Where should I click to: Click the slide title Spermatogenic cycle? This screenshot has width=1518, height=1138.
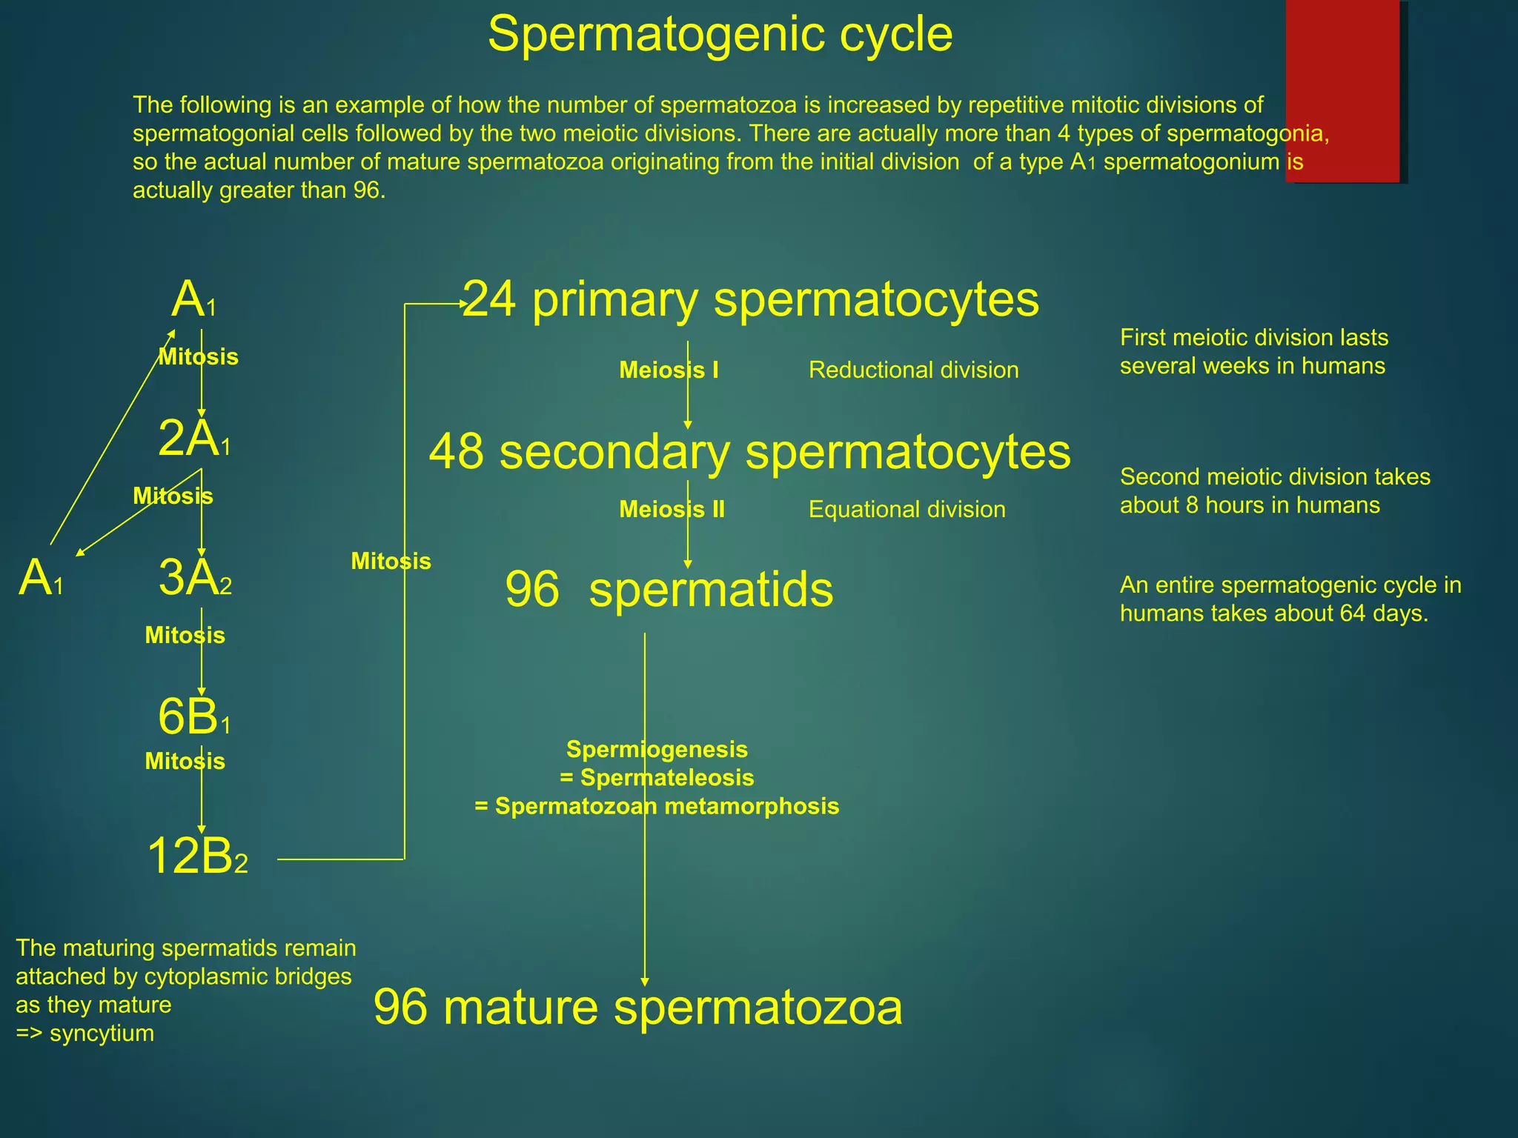720,34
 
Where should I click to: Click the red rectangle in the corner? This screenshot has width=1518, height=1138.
1342,90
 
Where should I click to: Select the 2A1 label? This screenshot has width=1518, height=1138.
194,439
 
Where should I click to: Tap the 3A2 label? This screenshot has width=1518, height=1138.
195,578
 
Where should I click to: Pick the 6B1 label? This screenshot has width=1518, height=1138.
194,717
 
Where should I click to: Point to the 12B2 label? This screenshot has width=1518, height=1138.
197,856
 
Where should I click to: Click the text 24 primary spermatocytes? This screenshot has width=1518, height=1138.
750,300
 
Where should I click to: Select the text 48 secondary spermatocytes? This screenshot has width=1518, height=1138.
749,452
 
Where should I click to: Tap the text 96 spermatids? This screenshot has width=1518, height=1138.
669,590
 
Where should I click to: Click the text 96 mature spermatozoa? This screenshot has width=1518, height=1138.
637,1008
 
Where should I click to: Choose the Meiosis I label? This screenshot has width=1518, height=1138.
669,370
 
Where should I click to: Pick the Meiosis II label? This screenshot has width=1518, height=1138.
672,509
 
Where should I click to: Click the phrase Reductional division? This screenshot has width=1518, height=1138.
913,370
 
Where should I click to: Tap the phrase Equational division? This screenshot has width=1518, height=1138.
907,509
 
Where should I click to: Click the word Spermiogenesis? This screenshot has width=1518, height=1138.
657,749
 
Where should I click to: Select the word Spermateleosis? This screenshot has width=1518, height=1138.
667,777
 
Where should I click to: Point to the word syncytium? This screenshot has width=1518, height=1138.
102,1033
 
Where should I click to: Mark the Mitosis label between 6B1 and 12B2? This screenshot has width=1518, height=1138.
185,761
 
